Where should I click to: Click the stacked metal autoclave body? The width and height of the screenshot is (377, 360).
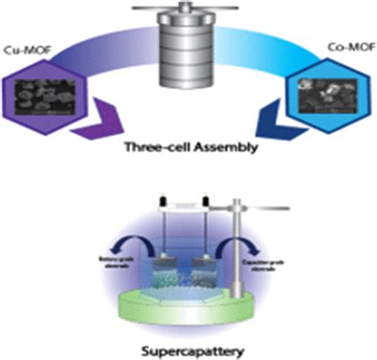(188, 52)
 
